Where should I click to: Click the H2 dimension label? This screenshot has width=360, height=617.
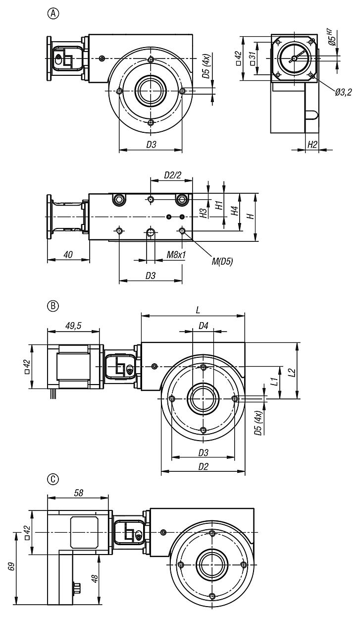click(312, 144)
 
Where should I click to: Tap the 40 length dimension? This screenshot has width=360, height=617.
click(68, 255)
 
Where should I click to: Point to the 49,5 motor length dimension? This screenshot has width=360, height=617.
click(74, 326)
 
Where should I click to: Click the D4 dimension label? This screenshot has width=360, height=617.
click(203, 326)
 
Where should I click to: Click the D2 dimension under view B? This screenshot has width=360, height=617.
click(203, 466)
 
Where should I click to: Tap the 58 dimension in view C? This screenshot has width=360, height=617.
click(78, 493)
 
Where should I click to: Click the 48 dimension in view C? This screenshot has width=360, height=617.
click(93, 578)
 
